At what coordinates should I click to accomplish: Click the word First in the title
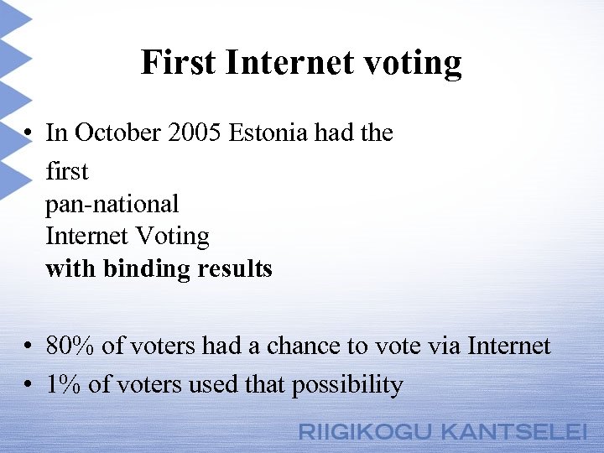tap(178, 62)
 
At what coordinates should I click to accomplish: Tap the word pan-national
tap(112, 203)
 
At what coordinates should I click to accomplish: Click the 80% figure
tap(65, 346)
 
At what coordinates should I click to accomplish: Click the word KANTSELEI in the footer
tap(513, 433)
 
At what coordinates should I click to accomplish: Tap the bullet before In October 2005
tap(29, 133)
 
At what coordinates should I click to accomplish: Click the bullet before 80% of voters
tap(29, 346)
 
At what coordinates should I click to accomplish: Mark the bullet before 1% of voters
tap(29, 385)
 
